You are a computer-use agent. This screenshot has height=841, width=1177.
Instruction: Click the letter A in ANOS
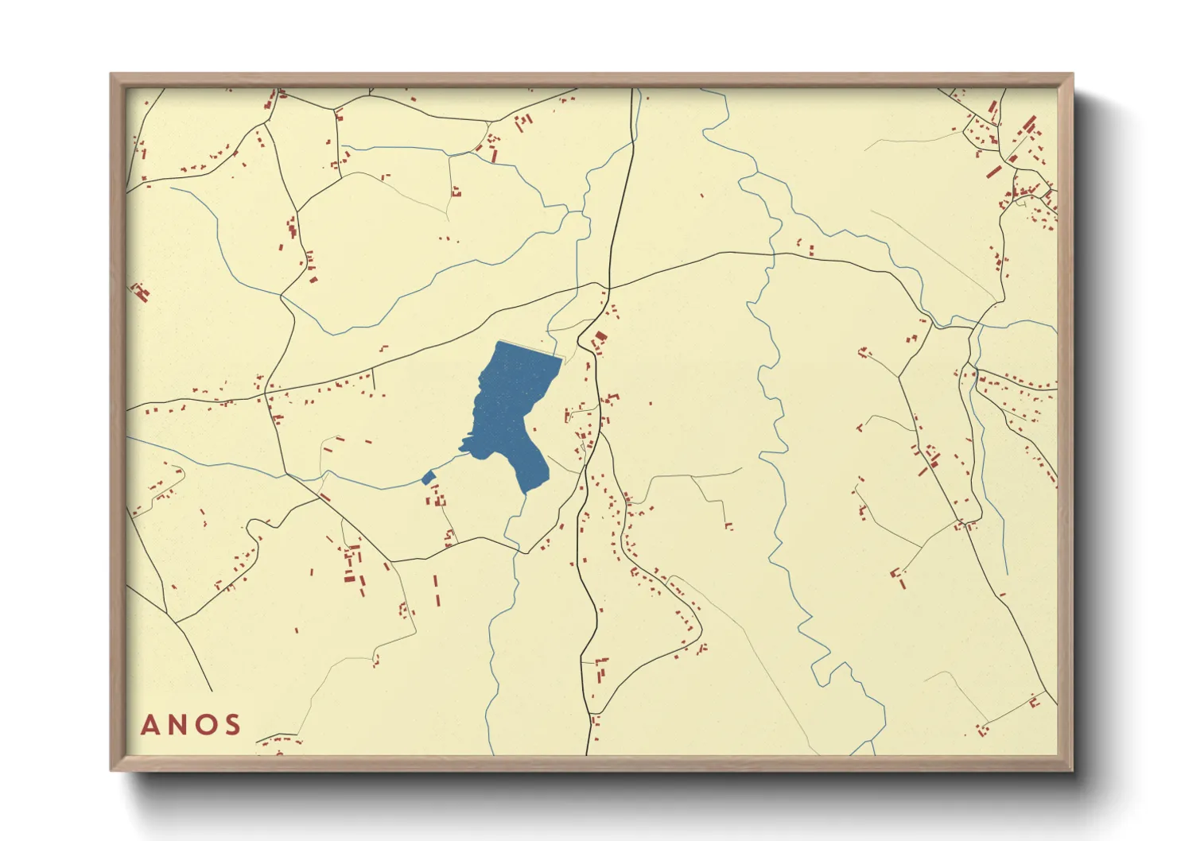(150, 725)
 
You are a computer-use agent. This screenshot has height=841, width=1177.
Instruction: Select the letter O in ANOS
(205, 725)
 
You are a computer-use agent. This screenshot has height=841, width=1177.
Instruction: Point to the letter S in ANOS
(232, 725)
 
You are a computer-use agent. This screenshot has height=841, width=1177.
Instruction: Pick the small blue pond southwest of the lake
(428, 477)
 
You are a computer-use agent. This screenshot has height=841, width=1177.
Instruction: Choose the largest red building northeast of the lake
(600, 337)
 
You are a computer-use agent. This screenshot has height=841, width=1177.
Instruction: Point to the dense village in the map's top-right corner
(1018, 159)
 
